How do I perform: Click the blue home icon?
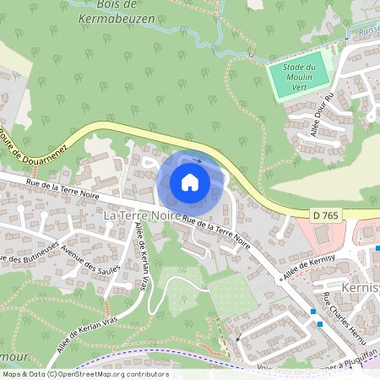click(x=190, y=182)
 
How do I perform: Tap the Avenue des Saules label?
click(x=90, y=268)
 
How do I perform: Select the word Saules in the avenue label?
click(x=106, y=274)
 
